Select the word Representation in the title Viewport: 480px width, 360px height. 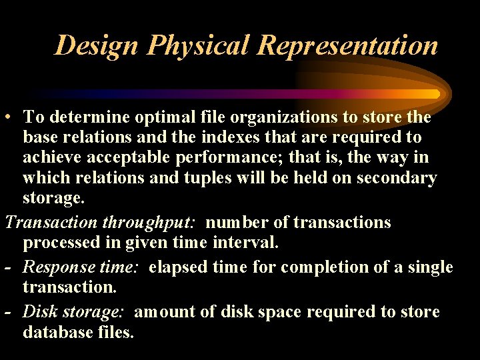(x=347, y=45)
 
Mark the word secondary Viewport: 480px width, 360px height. (x=397, y=178)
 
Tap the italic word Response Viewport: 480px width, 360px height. (x=53, y=267)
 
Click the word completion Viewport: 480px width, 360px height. (x=321, y=267)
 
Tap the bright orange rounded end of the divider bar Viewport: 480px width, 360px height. (x=435, y=94)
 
